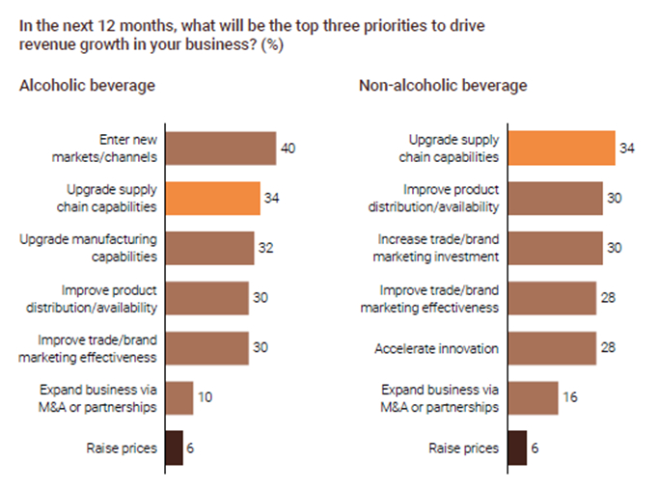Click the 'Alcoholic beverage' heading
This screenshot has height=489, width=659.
click(87, 86)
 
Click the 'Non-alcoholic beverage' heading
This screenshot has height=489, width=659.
click(443, 86)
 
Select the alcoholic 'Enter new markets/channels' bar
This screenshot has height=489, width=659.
click(221, 149)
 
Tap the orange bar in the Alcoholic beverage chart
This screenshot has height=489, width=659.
click(212, 199)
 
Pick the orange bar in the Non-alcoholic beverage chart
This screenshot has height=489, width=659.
click(562, 148)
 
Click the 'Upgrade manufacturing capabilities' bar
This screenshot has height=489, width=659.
click(210, 248)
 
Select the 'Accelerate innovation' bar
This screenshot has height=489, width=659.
click(552, 347)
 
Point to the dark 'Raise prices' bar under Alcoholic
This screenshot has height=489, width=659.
click(175, 448)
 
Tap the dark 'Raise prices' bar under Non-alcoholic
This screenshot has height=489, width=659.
click(517, 448)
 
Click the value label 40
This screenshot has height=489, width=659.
click(288, 149)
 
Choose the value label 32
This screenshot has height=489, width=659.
click(265, 248)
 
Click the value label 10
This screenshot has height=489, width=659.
click(205, 397)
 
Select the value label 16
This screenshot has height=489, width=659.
click(569, 397)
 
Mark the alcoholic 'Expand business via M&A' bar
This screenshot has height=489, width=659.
click(179, 397)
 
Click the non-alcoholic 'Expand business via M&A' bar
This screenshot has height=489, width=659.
click(533, 397)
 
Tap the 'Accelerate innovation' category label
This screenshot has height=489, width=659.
click(436, 347)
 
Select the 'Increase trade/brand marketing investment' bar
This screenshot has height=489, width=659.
click(555, 248)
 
